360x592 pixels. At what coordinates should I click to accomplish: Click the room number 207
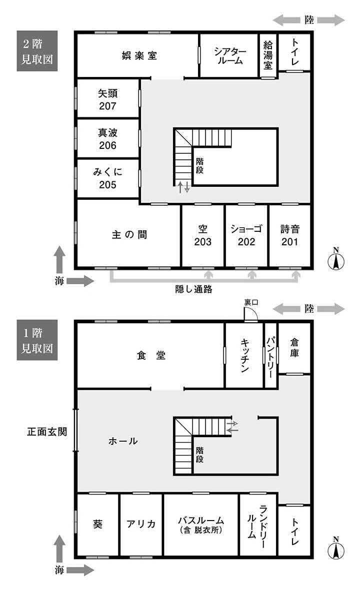pyautogui.click(x=107, y=106)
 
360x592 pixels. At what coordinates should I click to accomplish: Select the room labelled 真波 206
pyautogui.click(x=107, y=138)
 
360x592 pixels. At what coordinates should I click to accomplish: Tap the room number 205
pyautogui.click(x=107, y=185)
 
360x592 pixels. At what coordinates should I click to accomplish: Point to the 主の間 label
pyautogui.click(x=129, y=234)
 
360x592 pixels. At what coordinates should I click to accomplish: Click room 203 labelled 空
pyautogui.click(x=203, y=236)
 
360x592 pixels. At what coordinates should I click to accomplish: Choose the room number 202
pyautogui.click(x=246, y=242)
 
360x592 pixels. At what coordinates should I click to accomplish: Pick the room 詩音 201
pyautogui.click(x=289, y=236)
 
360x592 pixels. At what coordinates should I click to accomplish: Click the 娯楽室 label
pyautogui.click(x=139, y=56)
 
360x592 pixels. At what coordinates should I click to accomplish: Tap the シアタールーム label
pyautogui.click(x=230, y=55)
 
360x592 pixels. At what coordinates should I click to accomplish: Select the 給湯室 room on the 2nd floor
pyautogui.click(x=268, y=55)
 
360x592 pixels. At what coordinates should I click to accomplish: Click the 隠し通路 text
pyautogui.click(x=193, y=289)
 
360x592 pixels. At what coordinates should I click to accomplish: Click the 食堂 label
pyautogui.click(x=151, y=355)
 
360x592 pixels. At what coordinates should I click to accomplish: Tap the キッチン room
pyautogui.click(x=244, y=355)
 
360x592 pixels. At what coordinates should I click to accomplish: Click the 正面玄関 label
pyautogui.click(x=47, y=431)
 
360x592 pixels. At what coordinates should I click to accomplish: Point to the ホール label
pyautogui.click(x=123, y=441)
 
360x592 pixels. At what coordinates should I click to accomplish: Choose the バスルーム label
pyautogui.click(x=201, y=520)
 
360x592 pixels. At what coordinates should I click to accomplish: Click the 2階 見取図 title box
pyautogui.click(x=37, y=51)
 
